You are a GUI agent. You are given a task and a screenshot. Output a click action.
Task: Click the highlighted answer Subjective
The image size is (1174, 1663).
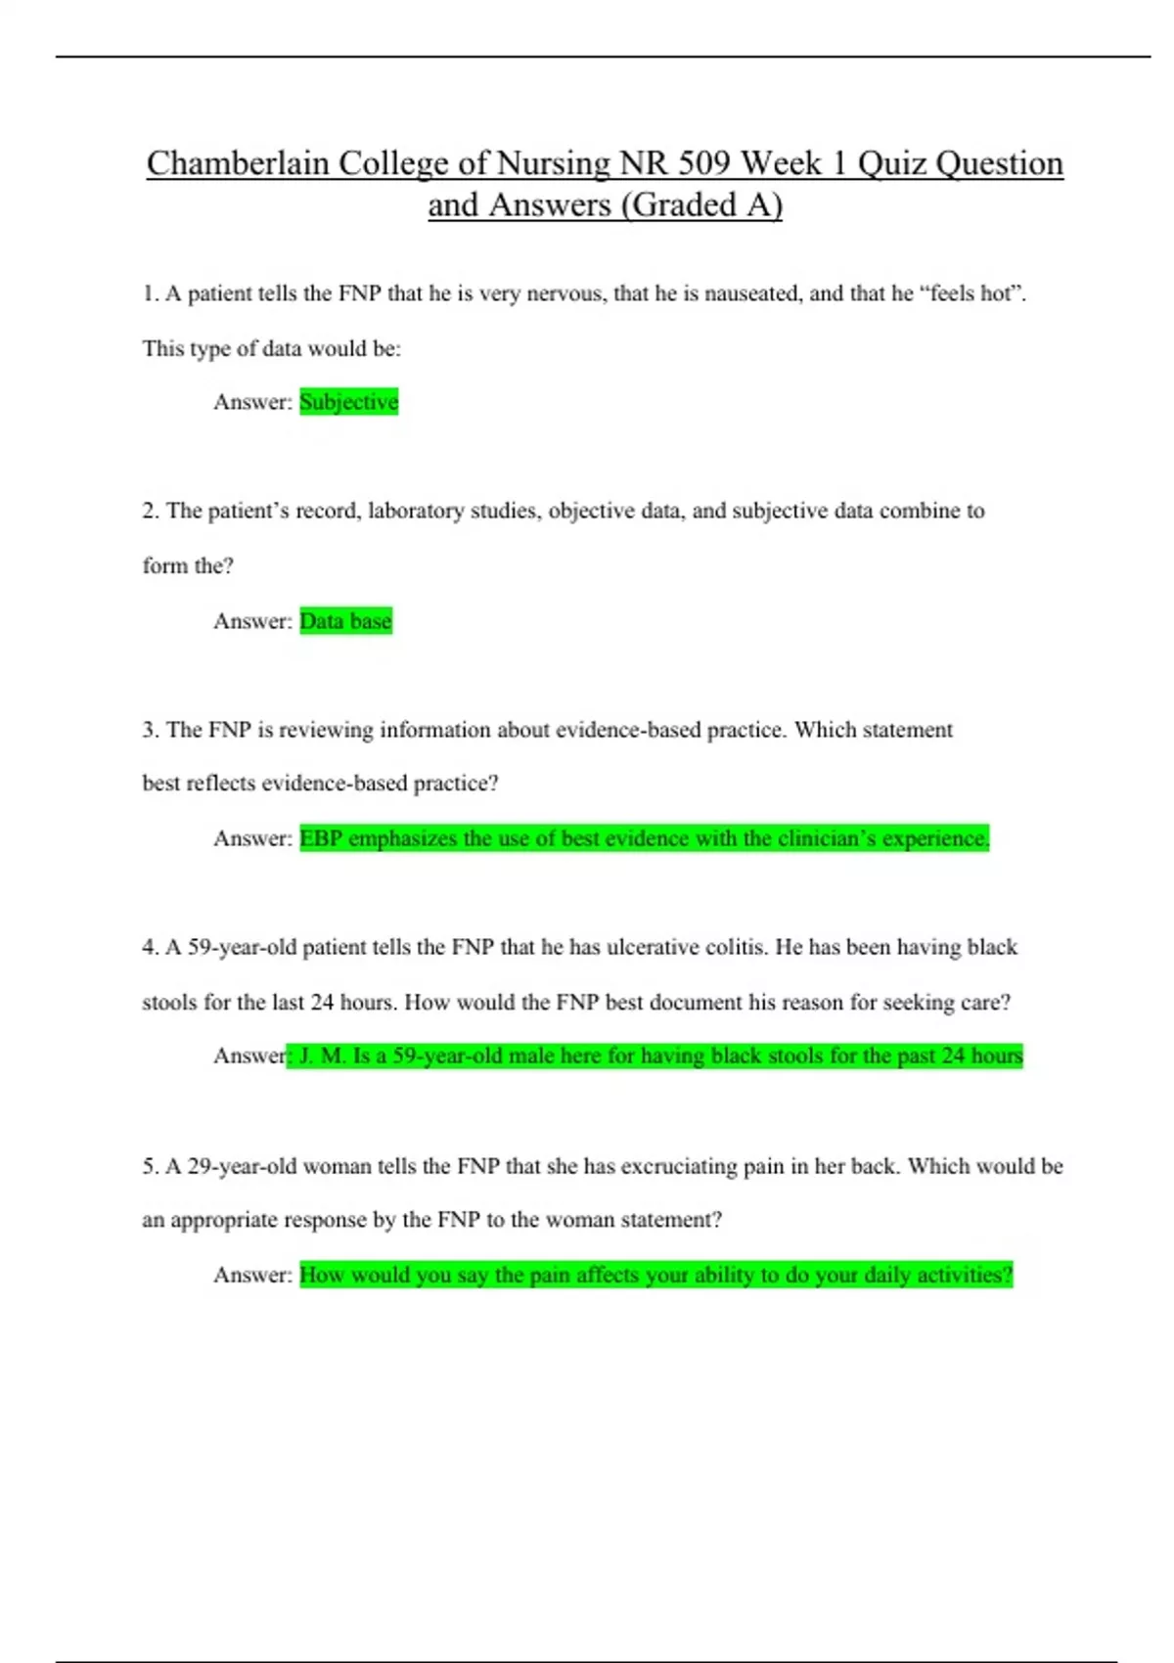[348, 402]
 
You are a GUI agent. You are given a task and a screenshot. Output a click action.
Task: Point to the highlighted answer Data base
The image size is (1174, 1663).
[345, 621]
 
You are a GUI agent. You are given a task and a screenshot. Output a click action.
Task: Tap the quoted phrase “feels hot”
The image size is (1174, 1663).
[972, 293]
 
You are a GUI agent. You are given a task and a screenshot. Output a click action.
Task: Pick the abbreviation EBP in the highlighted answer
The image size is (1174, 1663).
[321, 839]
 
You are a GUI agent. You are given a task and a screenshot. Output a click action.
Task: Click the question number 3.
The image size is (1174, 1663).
[150, 730]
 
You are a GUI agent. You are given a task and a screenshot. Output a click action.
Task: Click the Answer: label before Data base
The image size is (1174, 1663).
[252, 621]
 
